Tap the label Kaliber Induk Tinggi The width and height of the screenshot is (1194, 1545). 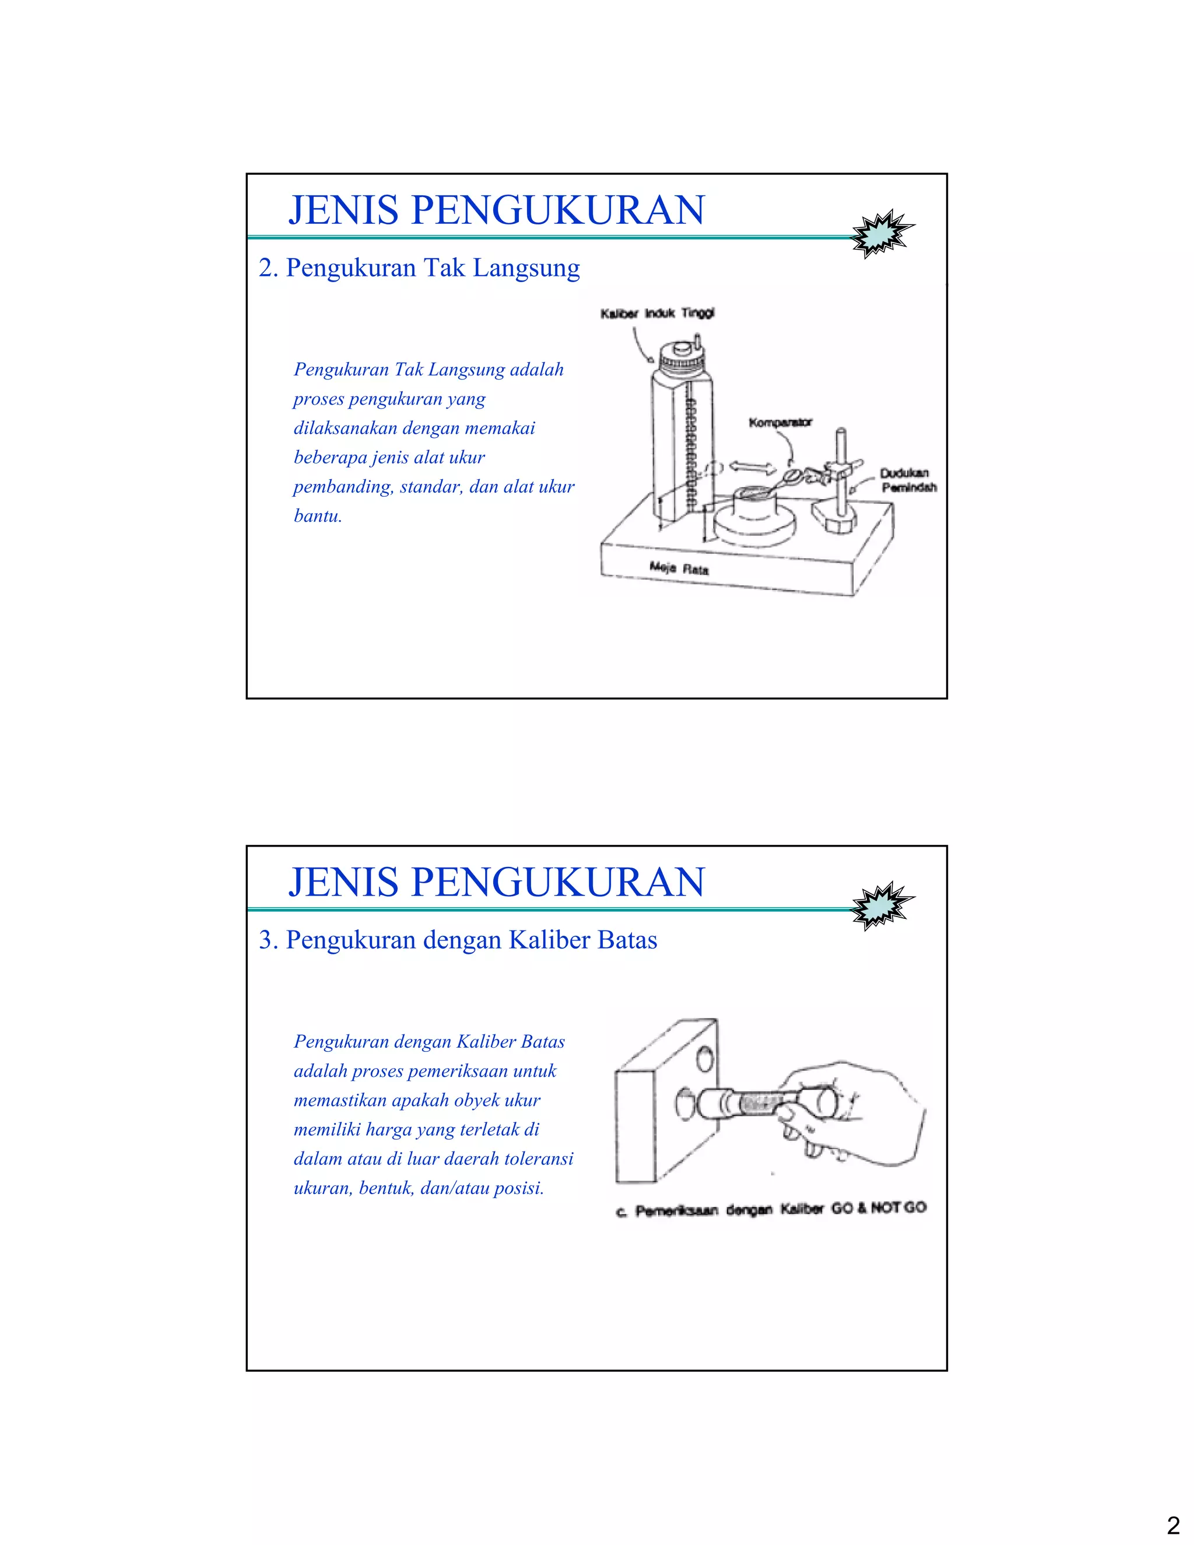(657, 314)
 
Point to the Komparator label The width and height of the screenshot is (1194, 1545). (780, 422)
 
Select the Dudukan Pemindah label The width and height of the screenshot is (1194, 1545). (908, 480)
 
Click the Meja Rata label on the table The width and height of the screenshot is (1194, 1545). (679, 568)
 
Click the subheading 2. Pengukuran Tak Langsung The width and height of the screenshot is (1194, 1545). (419, 268)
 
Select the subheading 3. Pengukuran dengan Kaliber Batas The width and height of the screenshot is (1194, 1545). (458, 940)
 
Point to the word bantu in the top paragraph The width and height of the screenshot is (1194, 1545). (318, 517)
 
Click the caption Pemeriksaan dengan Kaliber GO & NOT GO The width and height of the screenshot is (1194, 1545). (770, 1210)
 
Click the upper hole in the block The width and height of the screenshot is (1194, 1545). (704, 1059)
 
